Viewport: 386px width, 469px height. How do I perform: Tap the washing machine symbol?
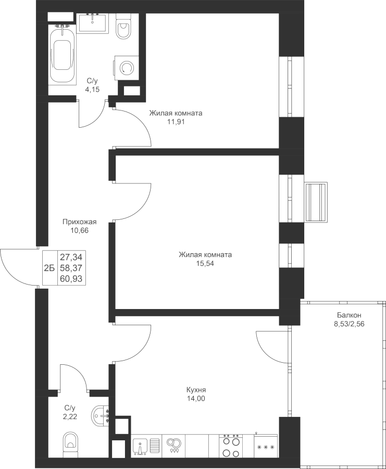[x=126, y=68]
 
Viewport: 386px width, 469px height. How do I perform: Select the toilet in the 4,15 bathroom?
[x=123, y=27]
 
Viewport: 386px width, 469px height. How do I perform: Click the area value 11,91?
[x=176, y=122]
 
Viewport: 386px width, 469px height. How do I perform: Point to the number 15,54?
[x=205, y=264]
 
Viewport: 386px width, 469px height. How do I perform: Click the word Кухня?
[x=196, y=390]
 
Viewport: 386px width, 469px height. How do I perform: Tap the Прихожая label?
[x=80, y=222]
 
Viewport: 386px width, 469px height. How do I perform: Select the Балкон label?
[x=349, y=315]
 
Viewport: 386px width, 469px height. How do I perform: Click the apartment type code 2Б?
[x=49, y=268]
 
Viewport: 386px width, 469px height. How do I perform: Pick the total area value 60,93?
[x=71, y=279]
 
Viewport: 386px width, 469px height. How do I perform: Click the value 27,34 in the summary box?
[x=71, y=257]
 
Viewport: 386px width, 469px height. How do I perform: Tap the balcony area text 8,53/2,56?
[x=349, y=324]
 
